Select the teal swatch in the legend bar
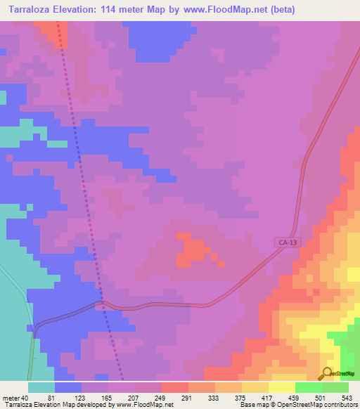point(41,387)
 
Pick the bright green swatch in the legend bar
point(309,387)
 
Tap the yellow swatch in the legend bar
point(282,387)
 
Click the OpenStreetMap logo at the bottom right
point(339,374)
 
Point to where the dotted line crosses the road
point(103,304)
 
